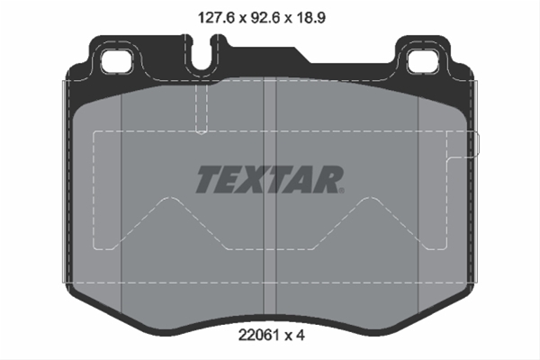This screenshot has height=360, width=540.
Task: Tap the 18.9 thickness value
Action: click(x=310, y=18)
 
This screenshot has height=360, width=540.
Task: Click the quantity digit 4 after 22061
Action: click(x=301, y=335)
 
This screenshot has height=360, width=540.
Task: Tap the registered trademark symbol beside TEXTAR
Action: click(x=341, y=190)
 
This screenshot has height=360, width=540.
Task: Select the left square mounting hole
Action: click(x=117, y=61)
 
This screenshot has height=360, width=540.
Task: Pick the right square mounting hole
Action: click(x=423, y=61)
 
